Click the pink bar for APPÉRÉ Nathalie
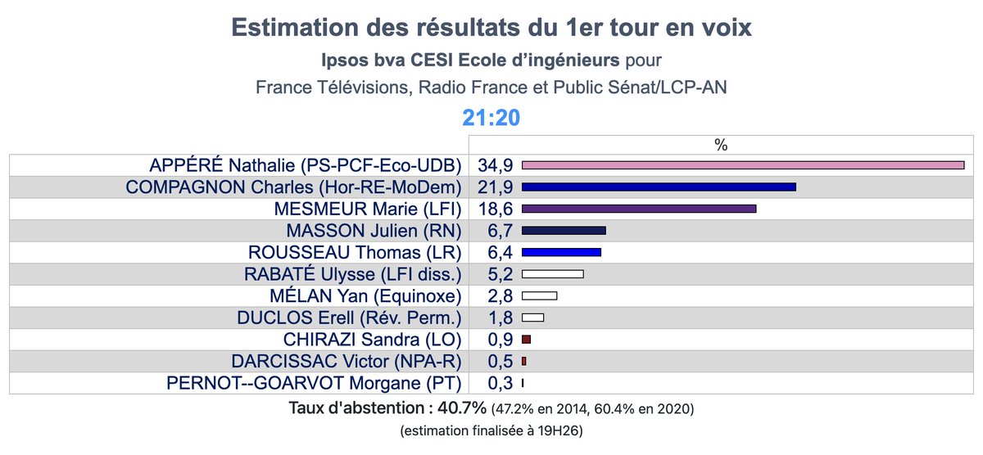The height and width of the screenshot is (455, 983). (742, 165)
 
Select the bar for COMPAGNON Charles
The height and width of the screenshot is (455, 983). (659, 187)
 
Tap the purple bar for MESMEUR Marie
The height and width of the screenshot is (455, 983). (638, 209)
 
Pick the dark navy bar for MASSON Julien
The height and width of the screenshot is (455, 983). (564, 231)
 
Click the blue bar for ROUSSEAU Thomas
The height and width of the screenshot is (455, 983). (561, 252)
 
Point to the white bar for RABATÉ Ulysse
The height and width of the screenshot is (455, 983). (552, 274)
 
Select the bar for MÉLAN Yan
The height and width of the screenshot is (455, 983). (539, 295)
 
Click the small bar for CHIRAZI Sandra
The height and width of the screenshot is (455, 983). (526, 339)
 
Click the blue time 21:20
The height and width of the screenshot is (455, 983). (491, 118)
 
